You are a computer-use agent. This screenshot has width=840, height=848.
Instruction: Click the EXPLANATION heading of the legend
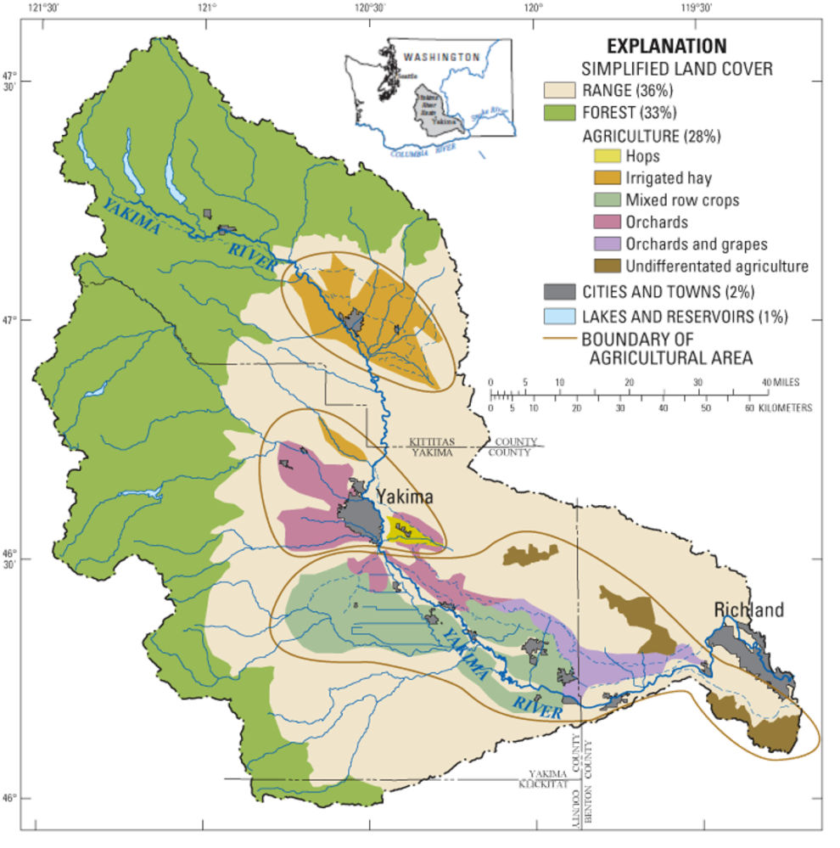click(x=666, y=46)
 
